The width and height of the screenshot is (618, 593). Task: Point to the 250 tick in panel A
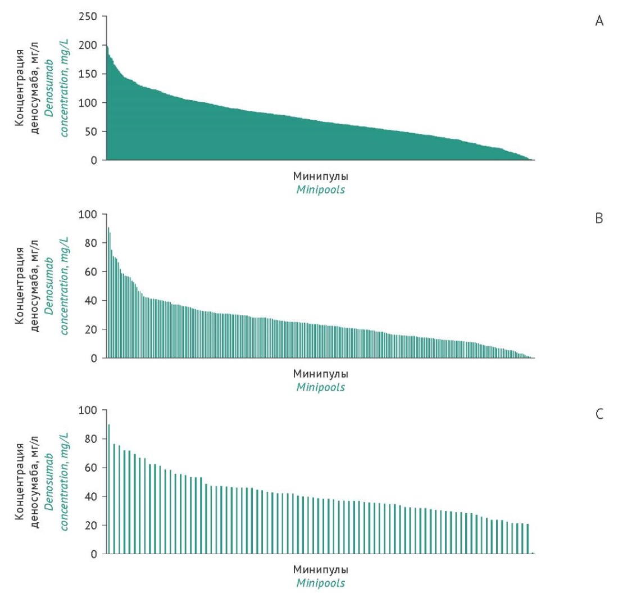89,16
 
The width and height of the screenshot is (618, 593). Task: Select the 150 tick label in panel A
89,74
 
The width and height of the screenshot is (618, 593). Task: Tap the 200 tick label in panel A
89,46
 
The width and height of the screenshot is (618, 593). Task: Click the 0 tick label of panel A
94,160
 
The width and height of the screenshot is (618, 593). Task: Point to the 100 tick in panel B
89,214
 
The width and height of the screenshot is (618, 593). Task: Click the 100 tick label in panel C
89,410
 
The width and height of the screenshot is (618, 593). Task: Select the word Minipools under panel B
320,387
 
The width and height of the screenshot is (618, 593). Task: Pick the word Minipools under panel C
320,583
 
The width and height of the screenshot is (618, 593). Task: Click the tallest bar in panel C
108,489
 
